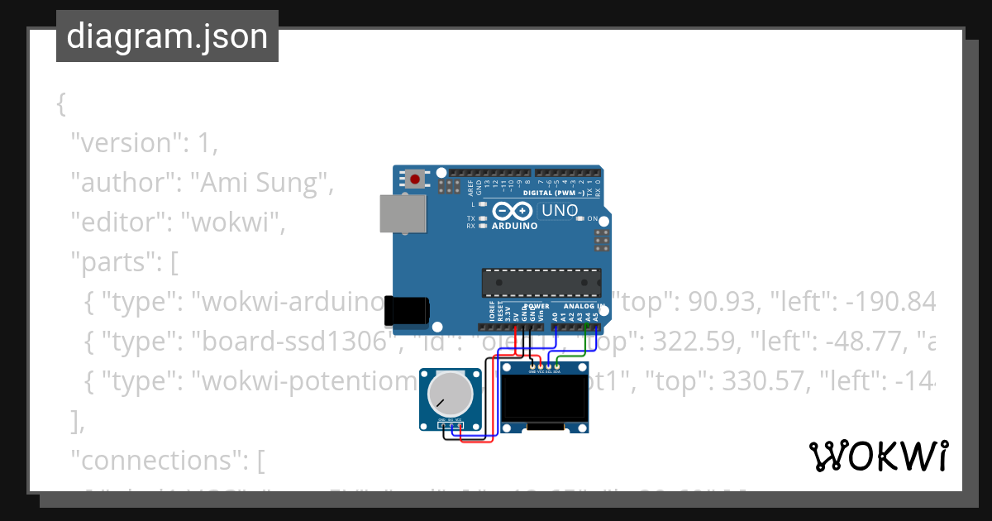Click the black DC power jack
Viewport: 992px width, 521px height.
pos(408,311)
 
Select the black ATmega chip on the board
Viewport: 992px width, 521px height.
pos(541,282)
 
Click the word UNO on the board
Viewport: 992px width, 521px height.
pos(560,211)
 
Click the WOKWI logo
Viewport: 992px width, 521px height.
pos(878,456)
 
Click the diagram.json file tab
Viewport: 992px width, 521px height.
pos(167,36)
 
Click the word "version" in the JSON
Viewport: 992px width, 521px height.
pos(123,142)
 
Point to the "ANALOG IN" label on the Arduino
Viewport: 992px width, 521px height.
pos(584,306)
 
